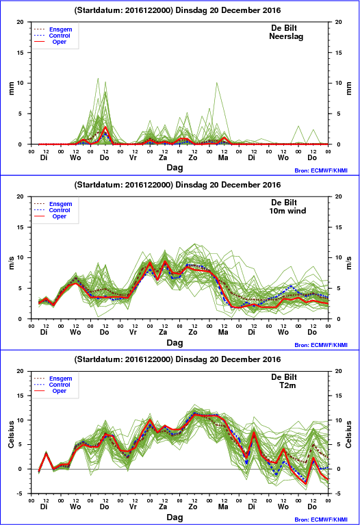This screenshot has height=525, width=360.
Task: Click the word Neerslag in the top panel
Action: coord(286,36)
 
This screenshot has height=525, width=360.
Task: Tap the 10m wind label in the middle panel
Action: coord(287,211)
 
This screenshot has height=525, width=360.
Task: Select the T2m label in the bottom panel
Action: coord(287,385)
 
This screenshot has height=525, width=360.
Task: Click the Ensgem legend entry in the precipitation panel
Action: coord(60,29)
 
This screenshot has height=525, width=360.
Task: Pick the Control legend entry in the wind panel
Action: coord(60,210)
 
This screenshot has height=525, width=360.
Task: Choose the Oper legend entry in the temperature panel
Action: coord(59,391)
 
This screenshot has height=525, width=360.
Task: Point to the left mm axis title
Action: coord(12,88)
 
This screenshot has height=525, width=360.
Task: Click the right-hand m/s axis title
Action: coord(348,263)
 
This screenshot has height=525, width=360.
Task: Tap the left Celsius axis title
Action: coord(12,434)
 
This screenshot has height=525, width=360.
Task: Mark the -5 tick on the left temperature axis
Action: coord(20,494)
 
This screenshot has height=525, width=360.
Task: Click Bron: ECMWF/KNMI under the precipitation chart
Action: coord(321,170)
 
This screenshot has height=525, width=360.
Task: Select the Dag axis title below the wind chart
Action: coord(175,343)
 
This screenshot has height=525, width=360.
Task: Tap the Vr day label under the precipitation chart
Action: coord(133,157)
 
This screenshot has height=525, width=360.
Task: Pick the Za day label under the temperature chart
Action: coord(163,507)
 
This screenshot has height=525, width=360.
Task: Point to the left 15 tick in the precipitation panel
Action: coord(20,53)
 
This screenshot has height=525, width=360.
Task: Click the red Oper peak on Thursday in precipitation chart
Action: coord(105,127)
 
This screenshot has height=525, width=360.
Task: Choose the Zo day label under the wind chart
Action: coord(193,332)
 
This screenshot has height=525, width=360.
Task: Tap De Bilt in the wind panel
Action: coord(284,203)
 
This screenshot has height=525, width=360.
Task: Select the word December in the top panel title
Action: coord(239,10)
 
